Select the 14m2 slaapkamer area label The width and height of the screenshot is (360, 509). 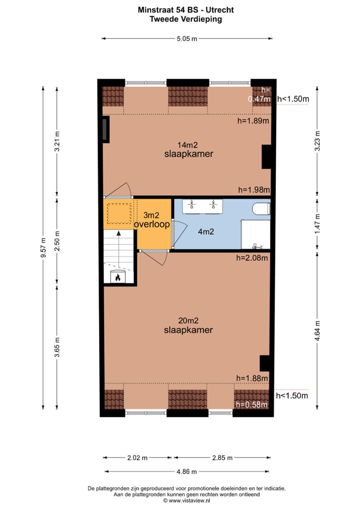(188, 149)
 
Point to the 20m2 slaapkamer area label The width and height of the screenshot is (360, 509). (188, 325)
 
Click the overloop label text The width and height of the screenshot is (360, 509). (151, 224)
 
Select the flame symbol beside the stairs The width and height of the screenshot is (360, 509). (119, 276)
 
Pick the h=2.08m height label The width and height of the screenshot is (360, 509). (252, 258)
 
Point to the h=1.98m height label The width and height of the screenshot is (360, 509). (253, 189)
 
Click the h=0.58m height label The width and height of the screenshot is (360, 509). (252, 404)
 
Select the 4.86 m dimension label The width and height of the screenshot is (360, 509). (186, 471)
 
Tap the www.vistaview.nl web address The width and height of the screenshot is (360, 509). (192, 500)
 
